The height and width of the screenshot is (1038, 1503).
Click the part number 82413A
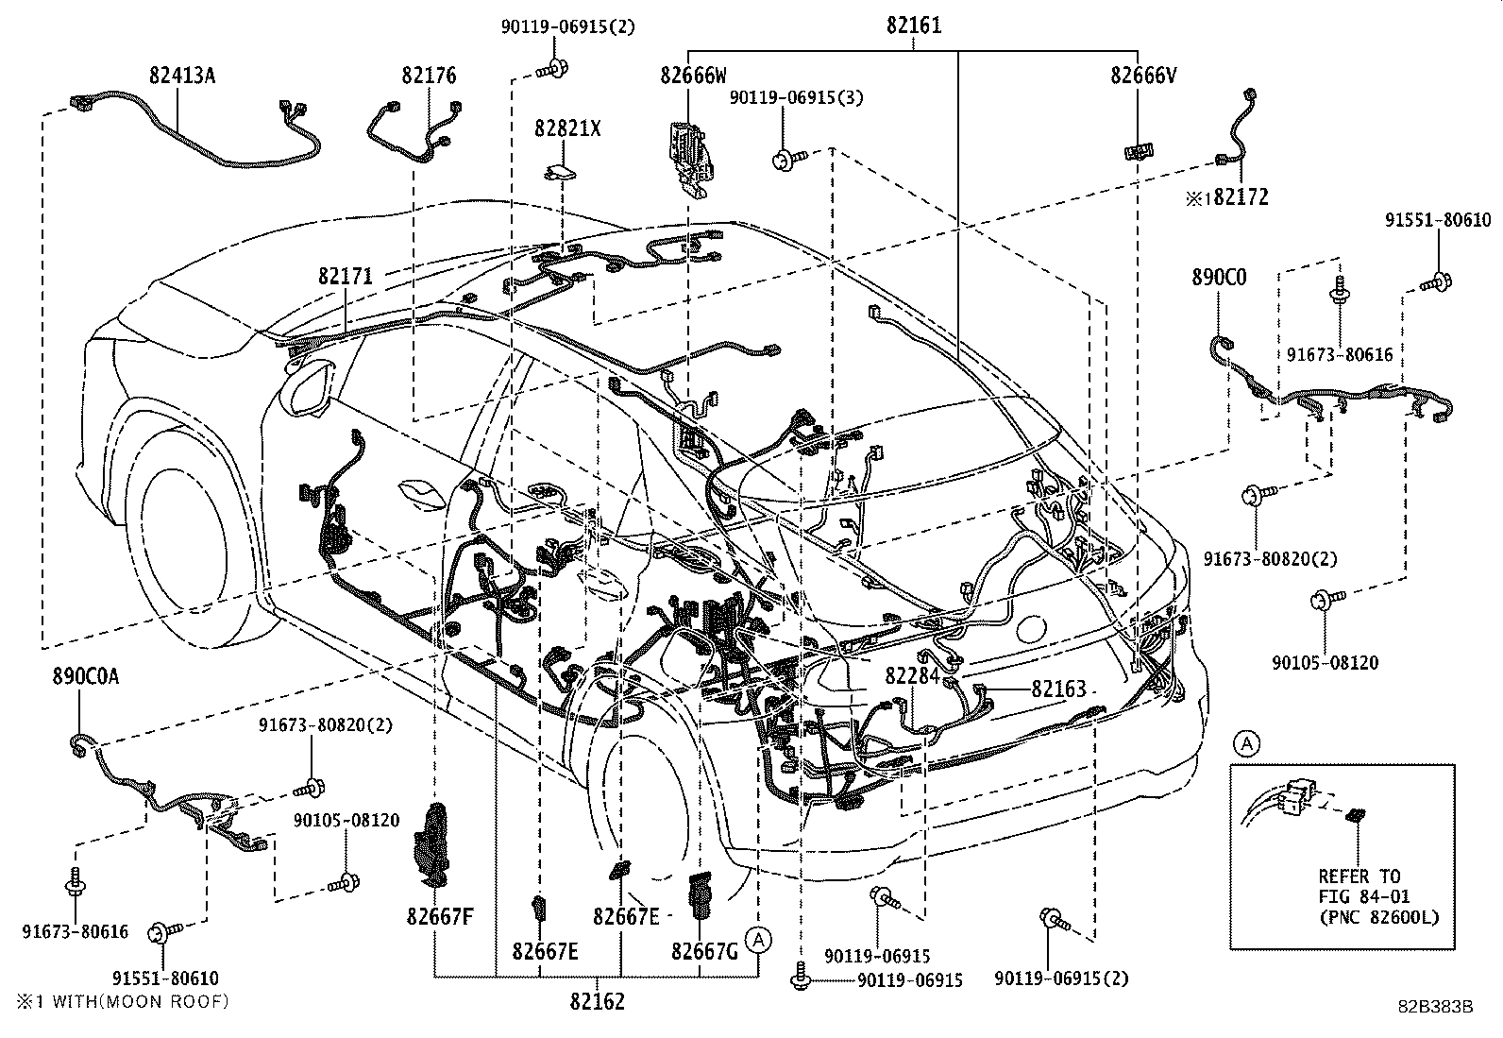(182, 76)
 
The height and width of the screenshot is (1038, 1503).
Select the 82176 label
(429, 76)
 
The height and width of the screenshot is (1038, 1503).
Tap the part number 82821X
(567, 128)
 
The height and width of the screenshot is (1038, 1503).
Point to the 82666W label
(694, 77)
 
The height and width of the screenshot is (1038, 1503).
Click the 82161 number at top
(913, 26)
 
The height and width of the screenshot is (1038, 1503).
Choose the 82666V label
(1143, 77)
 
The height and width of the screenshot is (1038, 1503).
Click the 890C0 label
(1219, 278)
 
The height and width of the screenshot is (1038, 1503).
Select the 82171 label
(346, 277)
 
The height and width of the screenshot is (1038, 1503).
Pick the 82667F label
(440, 915)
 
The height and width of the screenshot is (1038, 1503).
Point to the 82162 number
(596, 1001)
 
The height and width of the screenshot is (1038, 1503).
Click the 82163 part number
(1058, 689)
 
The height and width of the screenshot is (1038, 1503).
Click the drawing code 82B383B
(1436, 1007)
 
